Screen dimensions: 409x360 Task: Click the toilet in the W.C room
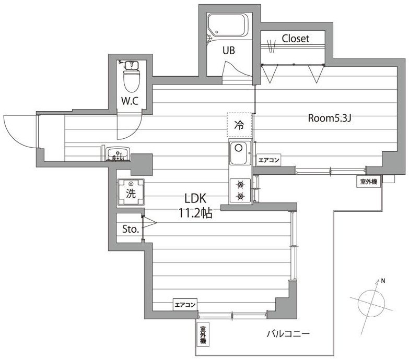[132, 76]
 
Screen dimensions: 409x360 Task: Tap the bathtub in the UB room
[228, 25]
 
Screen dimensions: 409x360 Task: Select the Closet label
[296, 39]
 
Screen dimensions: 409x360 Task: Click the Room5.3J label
[330, 118]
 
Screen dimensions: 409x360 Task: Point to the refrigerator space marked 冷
[239, 125]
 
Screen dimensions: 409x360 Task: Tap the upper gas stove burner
[240, 185]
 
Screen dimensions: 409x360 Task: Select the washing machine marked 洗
[131, 192]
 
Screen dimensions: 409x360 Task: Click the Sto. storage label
[130, 229]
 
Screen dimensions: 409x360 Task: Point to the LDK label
[195, 198]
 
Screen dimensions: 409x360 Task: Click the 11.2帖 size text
[195, 213]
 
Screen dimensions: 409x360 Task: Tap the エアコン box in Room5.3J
[268, 160]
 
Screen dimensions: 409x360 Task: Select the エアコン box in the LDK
[185, 305]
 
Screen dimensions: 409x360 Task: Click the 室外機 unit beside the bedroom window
[369, 181]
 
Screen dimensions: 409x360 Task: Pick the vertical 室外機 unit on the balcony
[203, 335]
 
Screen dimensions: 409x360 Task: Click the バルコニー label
[288, 334]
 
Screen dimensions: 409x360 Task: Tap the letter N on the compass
[383, 281]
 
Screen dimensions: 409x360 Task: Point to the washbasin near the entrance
[118, 154]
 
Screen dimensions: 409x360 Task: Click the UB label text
[228, 50]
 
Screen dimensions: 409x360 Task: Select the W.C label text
[130, 101]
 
